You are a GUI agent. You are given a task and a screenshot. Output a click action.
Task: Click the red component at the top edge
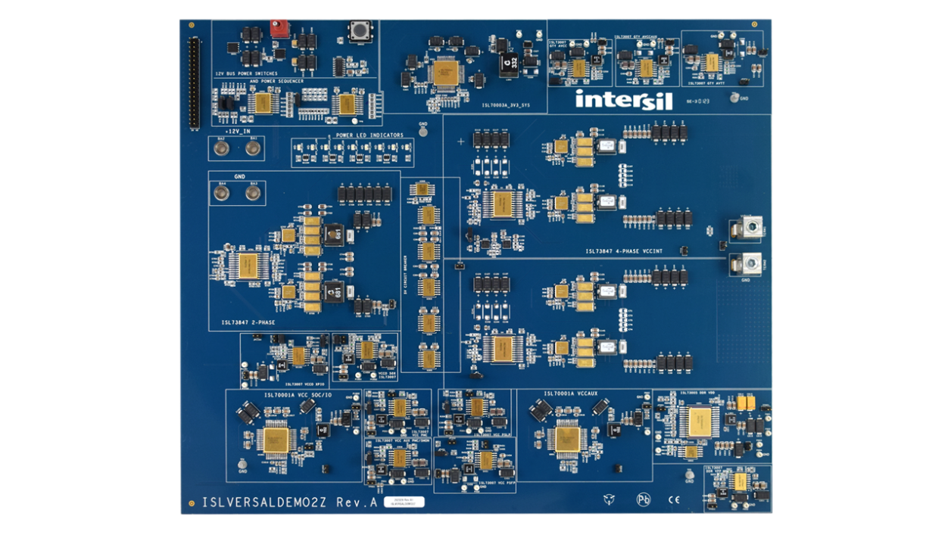click(278, 28)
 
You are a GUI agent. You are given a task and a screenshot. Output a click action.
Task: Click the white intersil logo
click(613, 99)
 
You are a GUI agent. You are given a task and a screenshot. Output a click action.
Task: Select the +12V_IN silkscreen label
click(237, 131)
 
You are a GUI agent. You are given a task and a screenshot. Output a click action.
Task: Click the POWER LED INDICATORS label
click(370, 135)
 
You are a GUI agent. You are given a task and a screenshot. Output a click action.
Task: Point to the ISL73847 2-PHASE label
click(248, 322)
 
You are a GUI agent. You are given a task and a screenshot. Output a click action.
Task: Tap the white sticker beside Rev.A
click(404, 501)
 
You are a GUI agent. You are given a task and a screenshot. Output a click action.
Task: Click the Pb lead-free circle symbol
click(643, 499)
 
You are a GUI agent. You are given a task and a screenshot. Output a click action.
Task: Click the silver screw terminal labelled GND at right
click(747, 264)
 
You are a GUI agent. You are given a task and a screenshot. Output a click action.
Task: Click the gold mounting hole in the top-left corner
click(191, 26)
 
